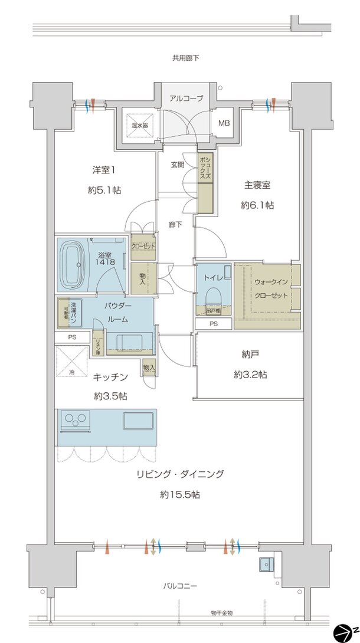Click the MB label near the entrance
[x=224, y=123]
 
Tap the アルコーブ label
[x=186, y=99]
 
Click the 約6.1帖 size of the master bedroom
[x=257, y=206]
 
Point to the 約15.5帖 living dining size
[x=179, y=494]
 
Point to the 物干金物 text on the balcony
[x=221, y=614]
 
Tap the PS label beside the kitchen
[x=72, y=337]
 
